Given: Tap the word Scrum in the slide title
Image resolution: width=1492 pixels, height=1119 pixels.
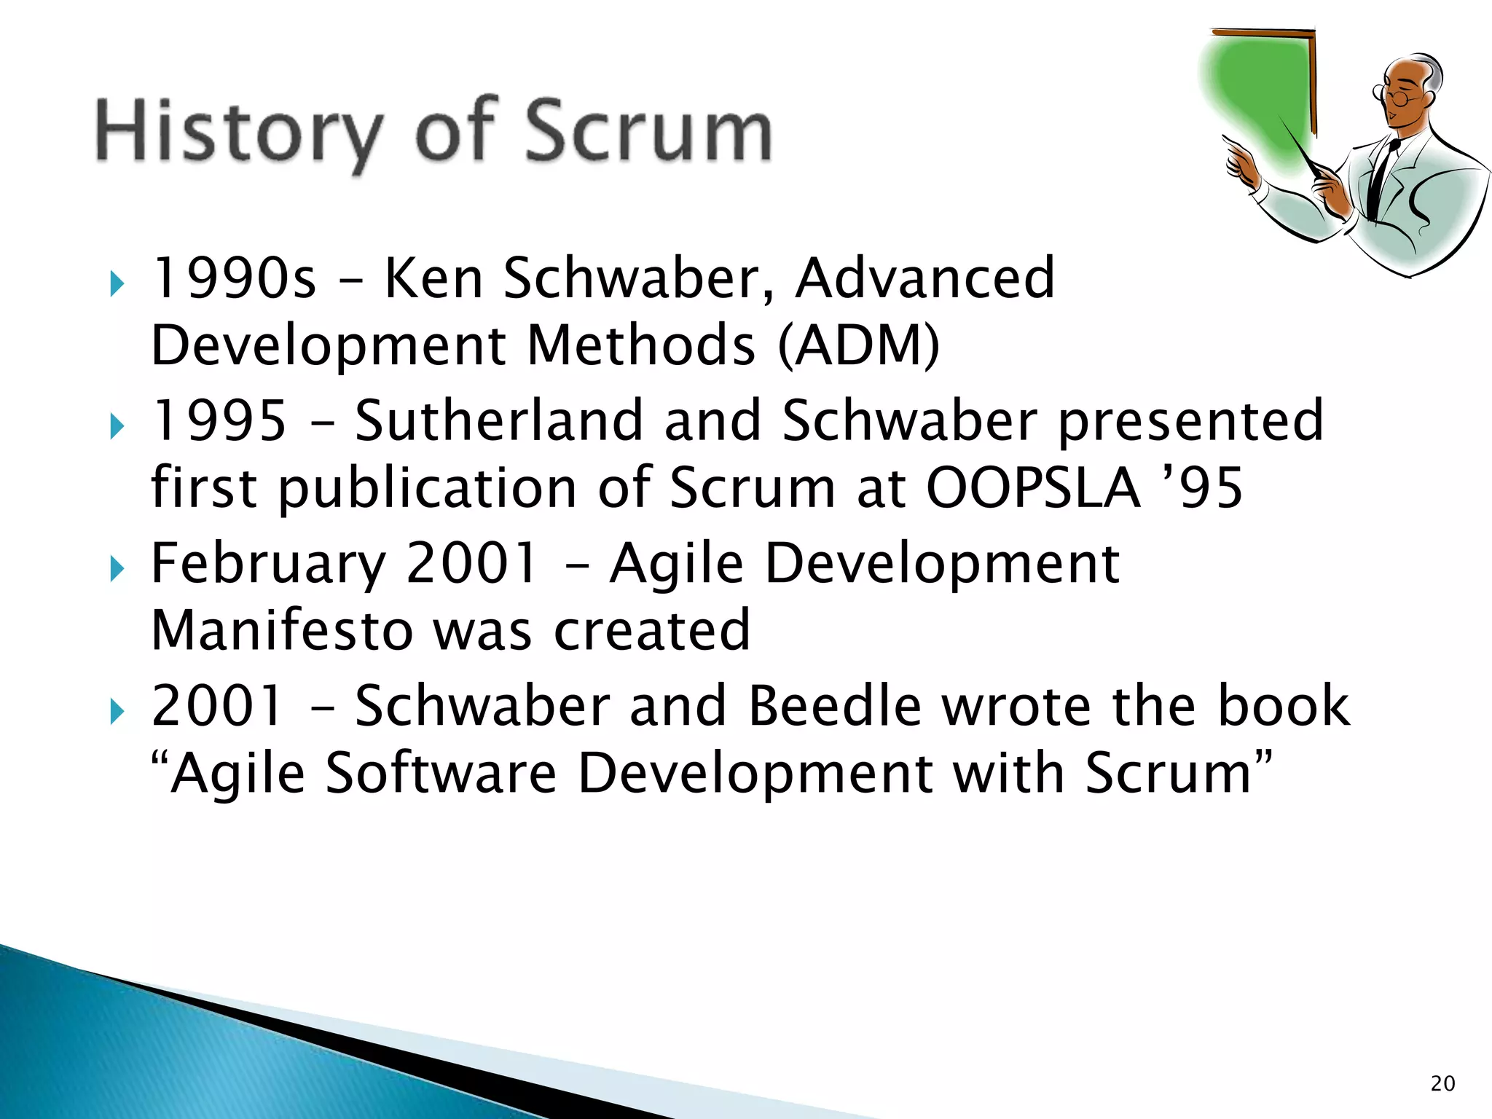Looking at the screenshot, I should [x=648, y=131].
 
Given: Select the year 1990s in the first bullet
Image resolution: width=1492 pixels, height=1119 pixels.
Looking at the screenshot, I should [x=234, y=278].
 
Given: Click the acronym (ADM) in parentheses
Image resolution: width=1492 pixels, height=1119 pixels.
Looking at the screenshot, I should [x=859, y=345].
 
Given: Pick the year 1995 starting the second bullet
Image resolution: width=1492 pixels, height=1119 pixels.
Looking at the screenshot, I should [x=219, y=420].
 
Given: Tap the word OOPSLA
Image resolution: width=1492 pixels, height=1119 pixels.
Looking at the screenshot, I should [x=1032, y=487].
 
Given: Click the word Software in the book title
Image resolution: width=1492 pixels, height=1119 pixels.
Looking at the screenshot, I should [x=441, y=773].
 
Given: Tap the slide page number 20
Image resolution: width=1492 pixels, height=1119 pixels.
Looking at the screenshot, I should [x=1442, y=1083].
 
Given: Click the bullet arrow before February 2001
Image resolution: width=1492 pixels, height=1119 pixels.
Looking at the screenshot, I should [x=117, y=569].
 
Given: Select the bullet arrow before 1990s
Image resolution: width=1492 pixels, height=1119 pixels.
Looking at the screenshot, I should [x=117, y=284].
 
